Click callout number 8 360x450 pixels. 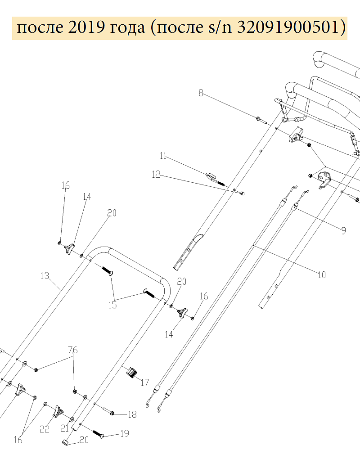tap(201, 93)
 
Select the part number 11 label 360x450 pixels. tap(162, 156)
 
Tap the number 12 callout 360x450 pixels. tap(156, 175)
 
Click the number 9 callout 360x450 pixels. tap(343, 230)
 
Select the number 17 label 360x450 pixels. tap(144, 383)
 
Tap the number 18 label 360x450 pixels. tap(132, 414)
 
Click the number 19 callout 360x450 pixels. tap(124, 434)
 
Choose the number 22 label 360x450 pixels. tap(44, 429)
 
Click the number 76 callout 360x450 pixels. tap(72, 350)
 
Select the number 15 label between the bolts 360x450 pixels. tap(112, 305)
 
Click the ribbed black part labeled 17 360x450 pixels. tap(131, 373)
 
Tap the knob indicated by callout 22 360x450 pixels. tap(58, 412)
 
